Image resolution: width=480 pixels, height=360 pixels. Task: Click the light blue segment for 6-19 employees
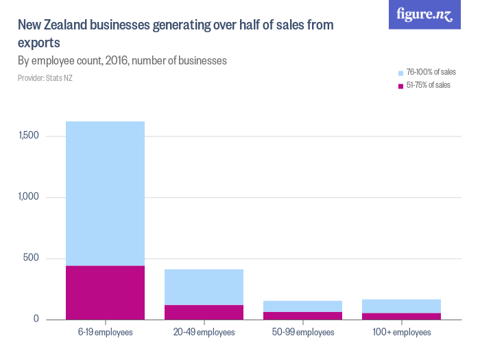pyautogui.click(x=105, y=193)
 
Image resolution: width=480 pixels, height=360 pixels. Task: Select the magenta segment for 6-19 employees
pyautogui.click(x=105, y=292)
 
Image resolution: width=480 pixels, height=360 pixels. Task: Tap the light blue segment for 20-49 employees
pyautogui.click(x=204, y=287)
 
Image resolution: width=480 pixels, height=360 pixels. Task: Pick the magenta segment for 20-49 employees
pyautogui.click(x=204, y=312)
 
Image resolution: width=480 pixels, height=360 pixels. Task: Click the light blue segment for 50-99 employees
pyautogui.click(x=302, y=306)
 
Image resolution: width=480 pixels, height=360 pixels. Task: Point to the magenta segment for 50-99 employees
pyautogui.click(x=302, y=315)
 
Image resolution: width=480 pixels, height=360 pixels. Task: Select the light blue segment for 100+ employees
pyautogui.click(x=401, y=306)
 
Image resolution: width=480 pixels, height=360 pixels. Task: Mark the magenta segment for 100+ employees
pyautogui.click(x=401, y=316)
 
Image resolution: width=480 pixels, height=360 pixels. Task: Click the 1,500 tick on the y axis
pyautogui.click(x=29, y=136)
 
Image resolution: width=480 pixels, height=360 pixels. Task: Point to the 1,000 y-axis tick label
pyautogui.click(x=29, y=197)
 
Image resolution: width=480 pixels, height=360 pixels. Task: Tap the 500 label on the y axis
pyautogui.click(x=33, y=259)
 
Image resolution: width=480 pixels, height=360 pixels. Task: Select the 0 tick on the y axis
pyautogui.click(x=38, y=320)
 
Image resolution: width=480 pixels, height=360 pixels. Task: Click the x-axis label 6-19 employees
pyautogui.click(x=105, y=333)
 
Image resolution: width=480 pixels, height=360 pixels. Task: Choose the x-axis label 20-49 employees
pyautogui.click(x=204, y=333)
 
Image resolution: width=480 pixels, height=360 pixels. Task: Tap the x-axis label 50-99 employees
pyautogui.click(x=302, y=333)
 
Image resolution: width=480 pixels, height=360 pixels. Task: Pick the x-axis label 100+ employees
pyautogui.click(x=401, y=333)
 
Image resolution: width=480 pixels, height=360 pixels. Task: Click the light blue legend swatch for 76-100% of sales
pyautogui.click(x=400, y=73)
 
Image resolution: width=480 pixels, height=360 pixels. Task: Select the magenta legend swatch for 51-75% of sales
pyautogui.click(x=400, y=86)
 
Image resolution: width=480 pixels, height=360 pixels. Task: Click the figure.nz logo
pyautogui.click(x=424, y=14)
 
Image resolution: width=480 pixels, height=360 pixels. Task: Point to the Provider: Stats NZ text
pyautogui.click(x=45, y=78)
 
